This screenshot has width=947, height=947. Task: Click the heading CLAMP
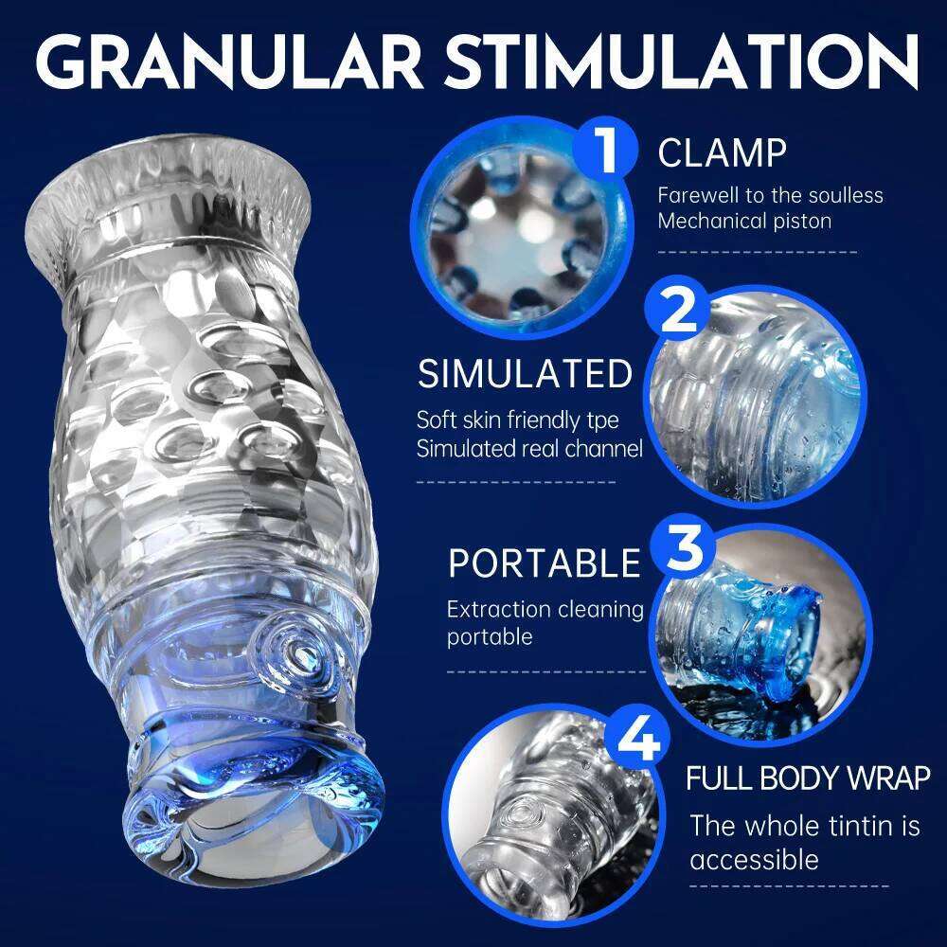point(723,152)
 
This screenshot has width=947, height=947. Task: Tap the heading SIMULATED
point(525,374)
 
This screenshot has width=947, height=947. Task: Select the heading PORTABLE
point(544,563)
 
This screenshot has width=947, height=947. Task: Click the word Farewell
point(701,195)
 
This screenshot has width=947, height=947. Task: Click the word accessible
point(754,860)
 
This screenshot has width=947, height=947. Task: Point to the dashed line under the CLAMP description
point(757,253)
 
